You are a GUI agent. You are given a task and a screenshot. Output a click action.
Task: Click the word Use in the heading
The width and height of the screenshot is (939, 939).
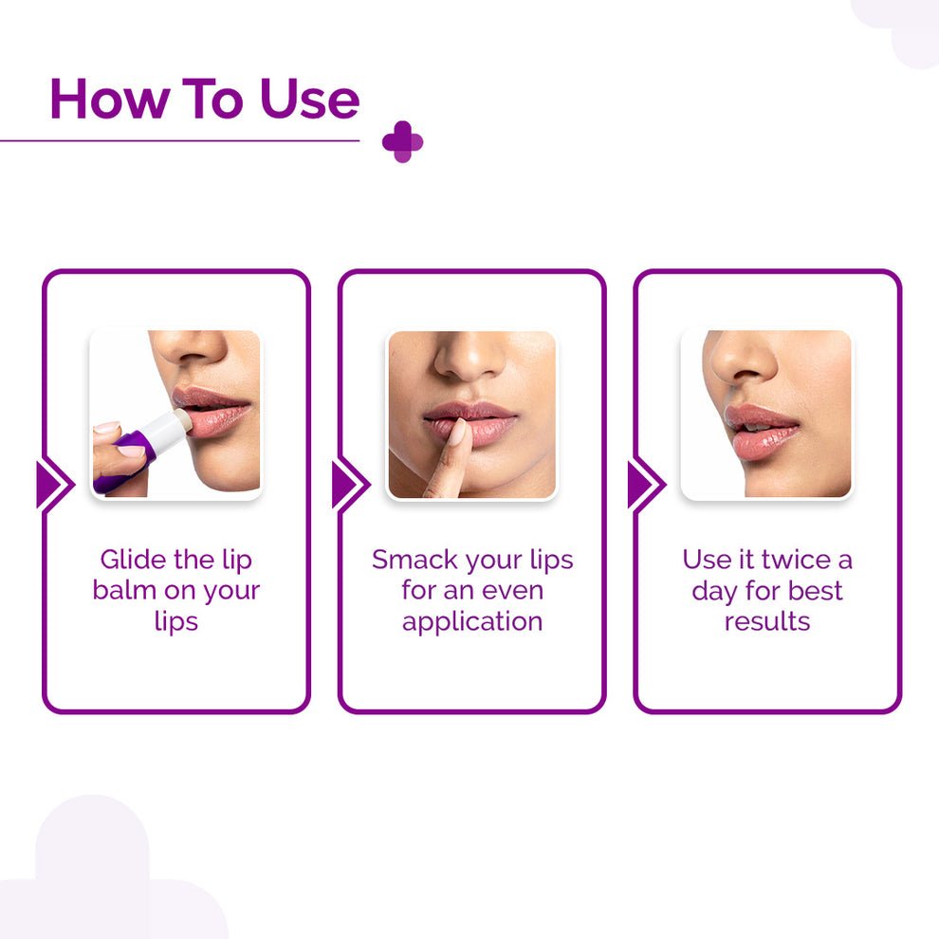click(309, 99)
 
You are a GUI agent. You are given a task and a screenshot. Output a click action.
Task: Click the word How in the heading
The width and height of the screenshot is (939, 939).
click(108, 99)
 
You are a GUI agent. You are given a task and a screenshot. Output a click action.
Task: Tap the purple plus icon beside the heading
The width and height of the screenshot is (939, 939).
click(402, 142)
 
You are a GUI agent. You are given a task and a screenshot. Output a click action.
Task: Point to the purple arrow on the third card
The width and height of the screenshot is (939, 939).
click(647, 485)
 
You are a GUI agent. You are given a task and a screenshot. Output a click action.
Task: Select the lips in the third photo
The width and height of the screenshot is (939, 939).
click(761, 430)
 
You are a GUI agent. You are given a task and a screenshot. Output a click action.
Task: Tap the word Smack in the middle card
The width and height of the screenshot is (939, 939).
click(415, 560)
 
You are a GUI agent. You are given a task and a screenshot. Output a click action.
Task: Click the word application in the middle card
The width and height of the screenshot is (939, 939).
click(472, 621)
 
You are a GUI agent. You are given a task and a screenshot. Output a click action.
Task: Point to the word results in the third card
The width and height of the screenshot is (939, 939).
click(767, 621)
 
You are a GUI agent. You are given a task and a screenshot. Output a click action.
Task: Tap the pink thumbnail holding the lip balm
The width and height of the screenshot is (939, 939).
click(131, 451)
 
